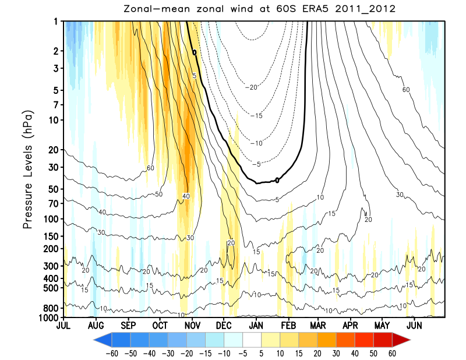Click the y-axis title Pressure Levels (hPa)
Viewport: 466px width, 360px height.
(28, 169)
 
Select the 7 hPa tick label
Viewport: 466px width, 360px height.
(54, 105)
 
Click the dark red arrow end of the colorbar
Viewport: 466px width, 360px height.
(402, 339)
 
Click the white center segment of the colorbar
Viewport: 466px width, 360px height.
(252, 339)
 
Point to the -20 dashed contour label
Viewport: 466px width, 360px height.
(252, 87)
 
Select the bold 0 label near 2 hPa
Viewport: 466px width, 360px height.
(194, 52)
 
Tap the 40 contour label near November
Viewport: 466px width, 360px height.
(186, 196)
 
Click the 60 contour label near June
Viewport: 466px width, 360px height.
(406, 89)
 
